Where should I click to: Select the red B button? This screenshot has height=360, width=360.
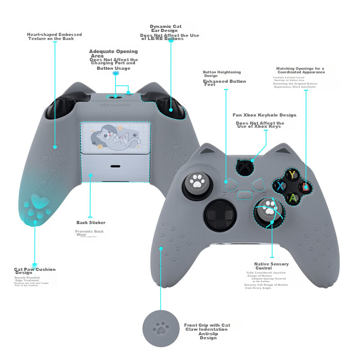tap(306, 186)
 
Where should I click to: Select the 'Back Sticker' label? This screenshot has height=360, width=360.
tap(91, 223)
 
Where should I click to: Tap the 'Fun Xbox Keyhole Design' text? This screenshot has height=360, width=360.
tap(264, 115)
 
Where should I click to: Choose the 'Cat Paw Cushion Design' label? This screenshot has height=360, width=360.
tap(35, 271)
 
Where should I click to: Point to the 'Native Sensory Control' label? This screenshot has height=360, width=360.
tap(271, 266)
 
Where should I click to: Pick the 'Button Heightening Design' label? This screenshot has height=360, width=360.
tap(222, 74)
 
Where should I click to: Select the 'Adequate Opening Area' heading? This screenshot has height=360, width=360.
tap(113, 54)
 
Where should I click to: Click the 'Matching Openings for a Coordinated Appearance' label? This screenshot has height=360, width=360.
tap(300, 70)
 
